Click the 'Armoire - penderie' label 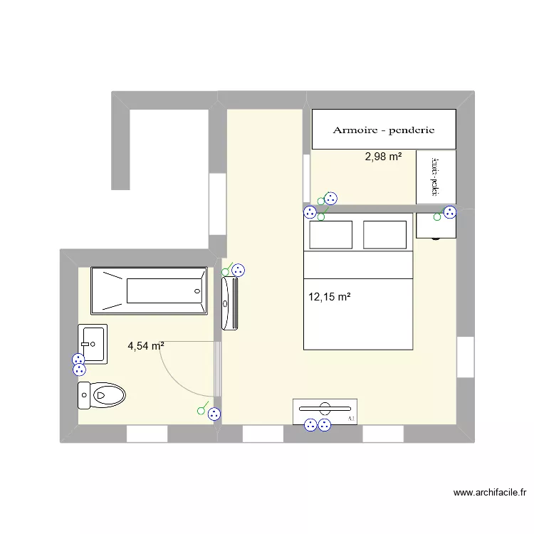384,130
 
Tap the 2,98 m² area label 383,157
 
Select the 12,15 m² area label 330,296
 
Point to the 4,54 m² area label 146,347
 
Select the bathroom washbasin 93,344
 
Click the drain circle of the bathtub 197,290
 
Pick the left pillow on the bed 330,235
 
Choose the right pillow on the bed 385,235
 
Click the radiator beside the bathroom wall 230,304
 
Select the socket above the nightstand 449,211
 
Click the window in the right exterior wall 466,357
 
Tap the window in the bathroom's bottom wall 147,434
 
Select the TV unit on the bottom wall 325,411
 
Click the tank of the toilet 84,395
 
